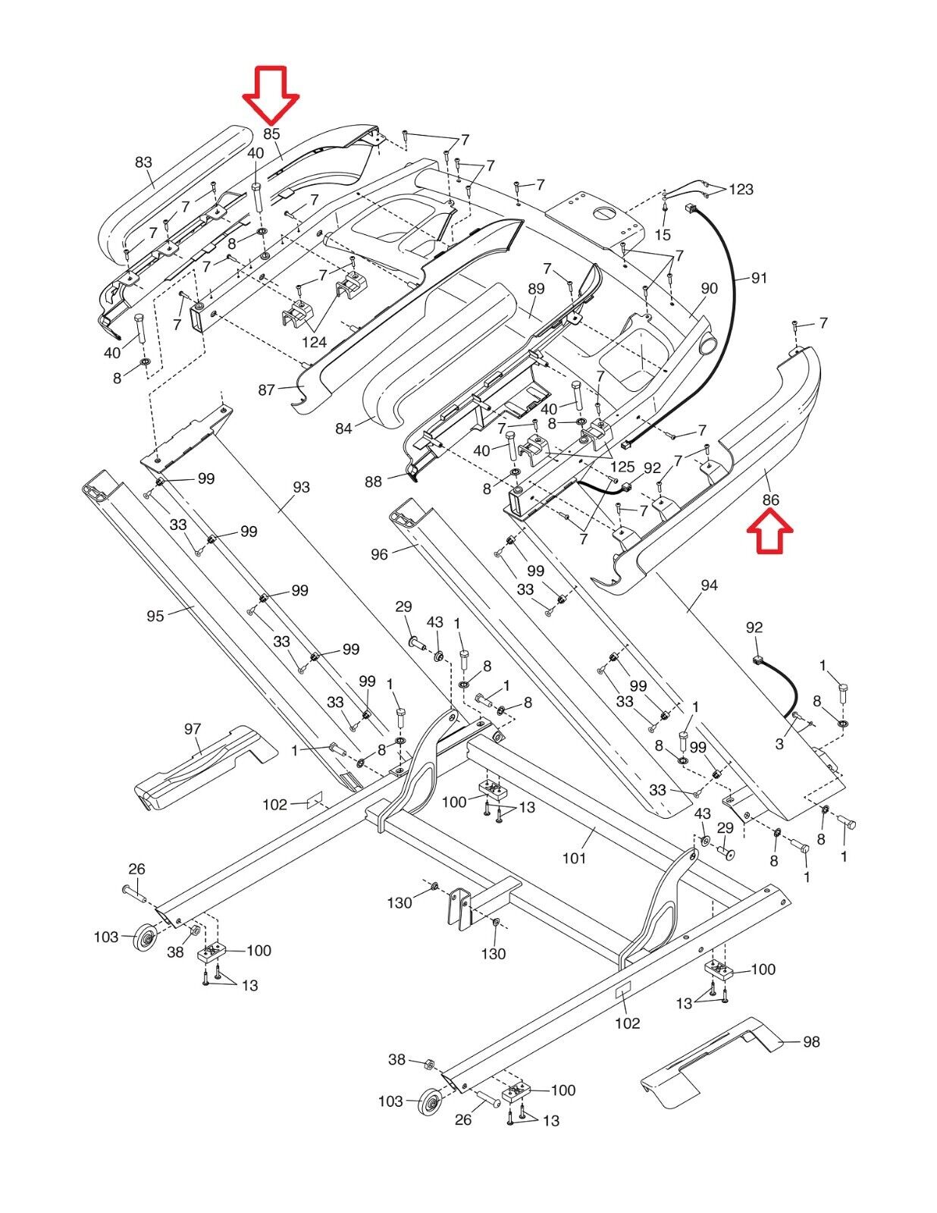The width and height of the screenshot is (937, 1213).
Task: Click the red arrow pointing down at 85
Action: [x=271, y=94]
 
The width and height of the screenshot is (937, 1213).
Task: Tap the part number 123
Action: [x=741, y=189]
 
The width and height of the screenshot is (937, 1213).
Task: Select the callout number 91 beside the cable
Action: [x=759, y=278]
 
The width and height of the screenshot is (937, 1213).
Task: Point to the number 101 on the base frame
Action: [x=574, y=858]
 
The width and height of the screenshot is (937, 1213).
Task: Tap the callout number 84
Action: [x=343, y=428]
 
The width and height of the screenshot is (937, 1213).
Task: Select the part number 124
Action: [x=314, y=342]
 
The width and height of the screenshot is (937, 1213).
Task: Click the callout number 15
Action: [x=663, y=236]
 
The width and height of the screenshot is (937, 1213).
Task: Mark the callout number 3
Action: [x=779, y=744]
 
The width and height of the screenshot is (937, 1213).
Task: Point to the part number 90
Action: [x=709, y=288]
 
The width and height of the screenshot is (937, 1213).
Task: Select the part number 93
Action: [x=301, y=487]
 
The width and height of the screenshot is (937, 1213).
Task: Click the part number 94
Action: [x=709, y=585]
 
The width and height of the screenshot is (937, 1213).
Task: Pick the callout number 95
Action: [x=155, y=616]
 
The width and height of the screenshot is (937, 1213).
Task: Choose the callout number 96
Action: [x=379, y=554]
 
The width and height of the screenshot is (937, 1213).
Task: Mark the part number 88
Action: [x=373, y=481]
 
